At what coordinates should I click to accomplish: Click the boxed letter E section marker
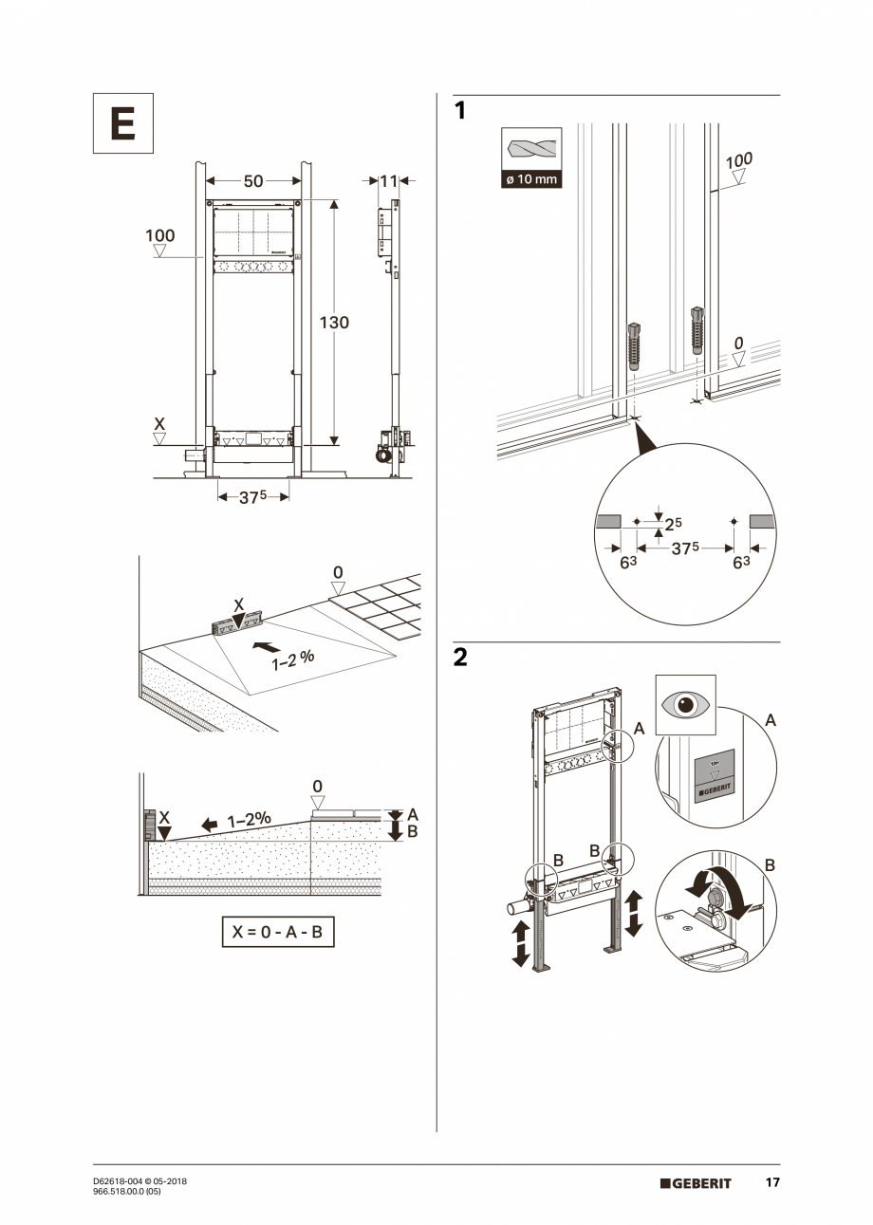tap(122, 123)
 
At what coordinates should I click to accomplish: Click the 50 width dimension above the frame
tap(252, 181)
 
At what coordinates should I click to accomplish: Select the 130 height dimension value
tap(334, 323)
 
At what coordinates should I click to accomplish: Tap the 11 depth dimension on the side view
tap(389, 180)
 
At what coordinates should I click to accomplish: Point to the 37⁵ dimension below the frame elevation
tap(252, 496)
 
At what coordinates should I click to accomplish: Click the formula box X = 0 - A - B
tap(278, 932)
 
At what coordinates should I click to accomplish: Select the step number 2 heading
tap(460, 658)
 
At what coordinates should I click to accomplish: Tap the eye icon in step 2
tap(685, 705)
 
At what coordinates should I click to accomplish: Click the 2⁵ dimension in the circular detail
tap(673, 524)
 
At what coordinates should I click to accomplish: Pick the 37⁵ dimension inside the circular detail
tap(685, 548)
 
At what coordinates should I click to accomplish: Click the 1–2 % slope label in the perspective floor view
tap(293, 659)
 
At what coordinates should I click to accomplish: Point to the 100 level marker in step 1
tap(739, 161)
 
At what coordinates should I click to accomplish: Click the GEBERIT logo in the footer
tap(697, 1183)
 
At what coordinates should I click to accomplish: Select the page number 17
tap(772, 1182)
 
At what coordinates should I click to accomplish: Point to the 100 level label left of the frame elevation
tap(160, 235)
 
